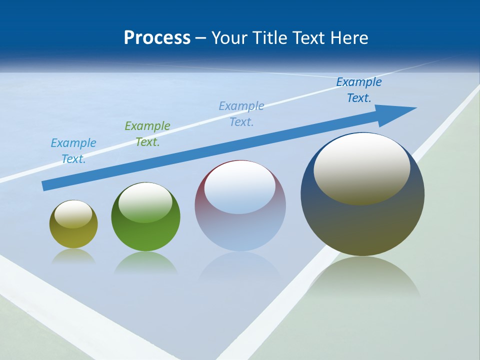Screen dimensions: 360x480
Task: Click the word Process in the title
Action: pyautogui.click(x=157, y=38)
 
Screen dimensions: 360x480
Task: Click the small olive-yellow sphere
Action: pyautogui.click(x=73, y=224)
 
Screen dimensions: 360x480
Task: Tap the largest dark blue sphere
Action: pyautogui.click(x=362, y=195)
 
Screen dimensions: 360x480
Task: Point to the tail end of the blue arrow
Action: pyautogui.click(x=45, y=185)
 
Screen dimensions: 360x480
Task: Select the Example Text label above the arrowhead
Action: pyautogui.click(x=359, y=90)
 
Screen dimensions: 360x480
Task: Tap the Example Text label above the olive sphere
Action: pyautogui.click(x=73, y=151)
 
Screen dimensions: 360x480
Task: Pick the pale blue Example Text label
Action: pyautogui.click(x=241, y=114)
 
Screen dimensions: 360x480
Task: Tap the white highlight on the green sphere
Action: pyautogui.click(x=145, y=202)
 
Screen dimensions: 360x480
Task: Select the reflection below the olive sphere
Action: pyautogui.click(x=73, y=256)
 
